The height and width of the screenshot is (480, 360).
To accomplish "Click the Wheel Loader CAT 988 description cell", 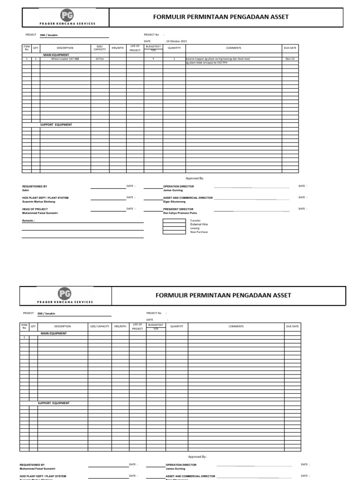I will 65,59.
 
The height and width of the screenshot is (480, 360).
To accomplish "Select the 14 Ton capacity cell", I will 100,59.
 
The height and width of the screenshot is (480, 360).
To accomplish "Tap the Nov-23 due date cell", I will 290,59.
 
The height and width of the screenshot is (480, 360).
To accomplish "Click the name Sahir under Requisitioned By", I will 26,190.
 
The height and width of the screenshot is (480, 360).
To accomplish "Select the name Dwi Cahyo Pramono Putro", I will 177,213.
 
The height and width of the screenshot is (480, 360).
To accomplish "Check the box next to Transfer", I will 174,220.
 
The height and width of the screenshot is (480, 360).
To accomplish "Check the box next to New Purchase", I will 174,232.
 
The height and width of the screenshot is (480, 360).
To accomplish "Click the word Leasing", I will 195,228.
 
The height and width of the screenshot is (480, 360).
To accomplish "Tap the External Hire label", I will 199,225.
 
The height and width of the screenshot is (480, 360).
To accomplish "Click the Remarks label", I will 29,220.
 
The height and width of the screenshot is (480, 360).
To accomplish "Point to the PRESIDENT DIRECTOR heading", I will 178,209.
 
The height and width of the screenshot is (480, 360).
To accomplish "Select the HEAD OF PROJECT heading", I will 35,209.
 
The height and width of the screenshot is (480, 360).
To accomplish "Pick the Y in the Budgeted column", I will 153,59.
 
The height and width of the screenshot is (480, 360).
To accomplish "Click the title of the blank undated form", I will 223,295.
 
